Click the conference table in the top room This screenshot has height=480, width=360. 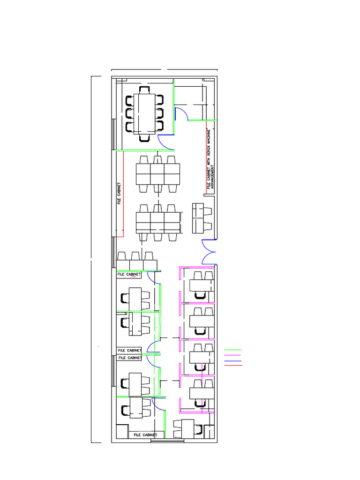(144, 114)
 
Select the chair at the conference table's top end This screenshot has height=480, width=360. (144, 90)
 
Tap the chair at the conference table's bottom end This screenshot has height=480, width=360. (144, 138)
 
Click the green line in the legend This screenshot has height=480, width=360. (232, 350)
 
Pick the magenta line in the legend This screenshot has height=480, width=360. (232, 355)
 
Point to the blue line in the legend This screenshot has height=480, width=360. (232, 361)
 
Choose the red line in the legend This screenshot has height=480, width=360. (233, 365)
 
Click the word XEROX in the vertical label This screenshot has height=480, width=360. (209, 152)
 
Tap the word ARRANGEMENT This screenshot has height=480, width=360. (213, 177)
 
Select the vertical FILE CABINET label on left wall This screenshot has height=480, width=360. (119, 194)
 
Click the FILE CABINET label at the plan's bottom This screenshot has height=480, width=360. (145, 435)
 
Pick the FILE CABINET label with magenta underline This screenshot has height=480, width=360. (129, 274)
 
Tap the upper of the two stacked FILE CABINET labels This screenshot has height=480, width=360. (129, 350)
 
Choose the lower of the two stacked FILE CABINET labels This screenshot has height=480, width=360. (130, 358)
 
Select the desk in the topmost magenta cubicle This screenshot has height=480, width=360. (202, 285)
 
